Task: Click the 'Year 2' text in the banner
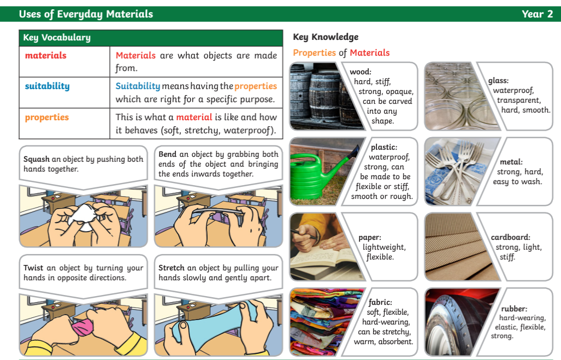pyautogui.click(x=537, y=14)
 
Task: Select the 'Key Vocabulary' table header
pyautogui.click(x=57, y=38)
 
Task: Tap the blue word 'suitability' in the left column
pyautogui.click(x=47, y=86)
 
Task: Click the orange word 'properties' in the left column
pyautogui.click(x=47, y=117)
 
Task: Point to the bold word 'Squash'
pyautogui.click(x=37, y=160)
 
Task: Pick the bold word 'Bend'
pyautogui.click(x=168, y=154)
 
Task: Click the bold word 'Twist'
pyautogui.click(x=33, y=268)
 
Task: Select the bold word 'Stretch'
pyautogui.click(x=172, y=268)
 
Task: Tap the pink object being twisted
pyautogui.click(x=83, y=326)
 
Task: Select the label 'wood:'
pyautogui.click(x=361, y=72)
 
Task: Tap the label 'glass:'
pyautogui.click(x=498, y=80)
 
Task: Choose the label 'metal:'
pyautogui.click(x=511, y=162)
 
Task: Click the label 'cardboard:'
pyautogui.click(x=511, y=237)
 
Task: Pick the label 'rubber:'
pyautogui.click(x=514, y=309)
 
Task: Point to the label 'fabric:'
pyautogui.click(x=380, y=302)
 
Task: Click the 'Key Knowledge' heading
pyautogui.click(x=326, y=37)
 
